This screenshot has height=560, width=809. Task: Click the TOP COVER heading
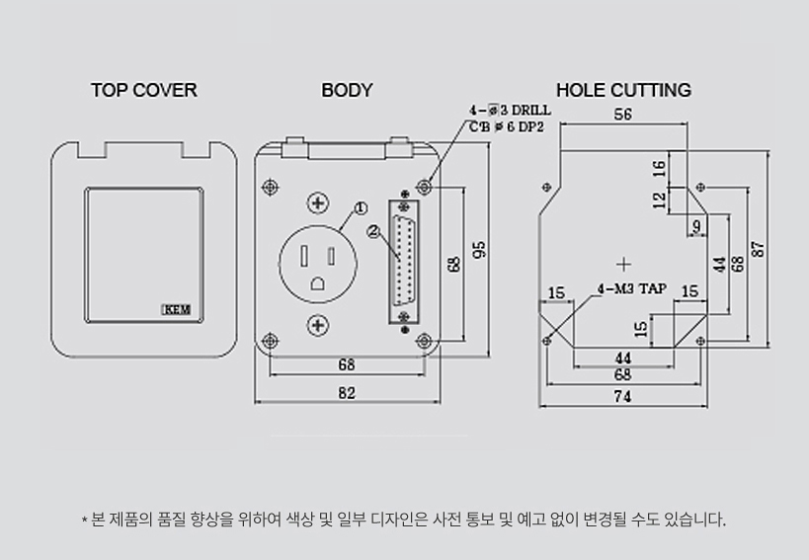click(x=144, y=90)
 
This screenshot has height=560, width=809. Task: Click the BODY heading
click(x=347, y=90)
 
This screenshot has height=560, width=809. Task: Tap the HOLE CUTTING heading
click(x=623, y=90)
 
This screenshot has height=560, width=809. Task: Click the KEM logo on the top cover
click(x=177, y=309)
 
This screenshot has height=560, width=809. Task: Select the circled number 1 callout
click(x=361, y=207)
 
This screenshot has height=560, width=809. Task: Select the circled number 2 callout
click(x=373, y=231)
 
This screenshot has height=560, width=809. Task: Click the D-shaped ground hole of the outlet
click(x=317, y=283)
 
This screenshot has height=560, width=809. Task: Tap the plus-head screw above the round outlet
click(x=318, y=202)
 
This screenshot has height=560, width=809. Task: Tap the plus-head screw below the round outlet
click(x=318, y=325)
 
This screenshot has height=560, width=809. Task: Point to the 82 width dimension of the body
click(x=347, y=393)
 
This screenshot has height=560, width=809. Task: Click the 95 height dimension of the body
click(x=479, y=250)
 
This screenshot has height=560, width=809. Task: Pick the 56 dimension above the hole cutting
click(x=622, y=114)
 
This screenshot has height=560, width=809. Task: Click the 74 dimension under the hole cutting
click(x=622, y=396)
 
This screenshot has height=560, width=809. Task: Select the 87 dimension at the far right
click(x=758, y=249)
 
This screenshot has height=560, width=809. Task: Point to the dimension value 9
click(x=697, y=225)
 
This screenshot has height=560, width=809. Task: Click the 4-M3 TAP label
click(x=632, y=288)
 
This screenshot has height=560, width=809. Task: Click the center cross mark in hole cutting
click(x=623, y=265)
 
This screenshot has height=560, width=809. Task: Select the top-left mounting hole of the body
click(x=270, y=187)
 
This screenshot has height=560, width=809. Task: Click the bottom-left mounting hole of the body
click(x=270, y=341)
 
